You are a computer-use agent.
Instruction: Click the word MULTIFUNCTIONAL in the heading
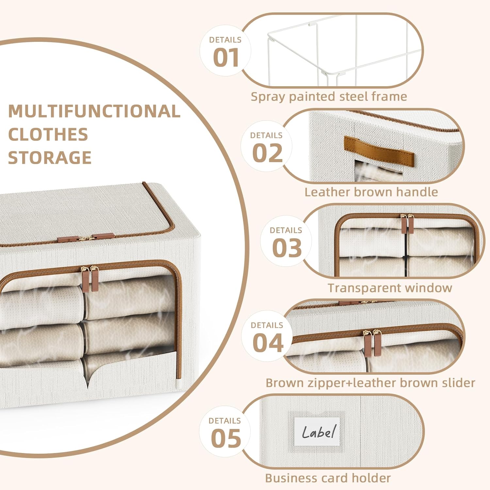94,111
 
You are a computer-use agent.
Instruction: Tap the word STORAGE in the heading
50,158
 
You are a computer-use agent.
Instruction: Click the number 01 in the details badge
226,58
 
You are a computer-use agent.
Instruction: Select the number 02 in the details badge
267,153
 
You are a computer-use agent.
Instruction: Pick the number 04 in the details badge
268,343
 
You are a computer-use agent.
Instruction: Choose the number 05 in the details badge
226,438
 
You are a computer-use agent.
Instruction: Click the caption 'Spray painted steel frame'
329,97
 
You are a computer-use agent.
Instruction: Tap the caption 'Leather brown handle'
371,192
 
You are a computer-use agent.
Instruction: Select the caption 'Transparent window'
390,288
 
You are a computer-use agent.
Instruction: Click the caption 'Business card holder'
328,478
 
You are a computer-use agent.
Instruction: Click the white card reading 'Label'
318,432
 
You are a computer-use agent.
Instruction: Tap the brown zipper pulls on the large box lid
86,238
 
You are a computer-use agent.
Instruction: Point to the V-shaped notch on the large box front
87,379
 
